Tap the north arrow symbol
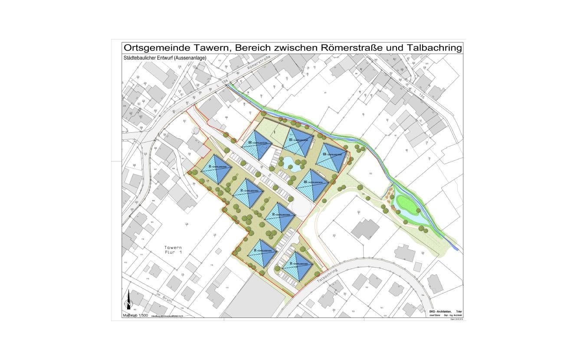pyautogui.click(x=128, y=304)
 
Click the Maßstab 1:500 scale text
pyautogui.click(x=136, y=315)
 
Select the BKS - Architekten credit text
pyautogui.click(x=440, y=312)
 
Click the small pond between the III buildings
pyautogui.click(x=289, y=164)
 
